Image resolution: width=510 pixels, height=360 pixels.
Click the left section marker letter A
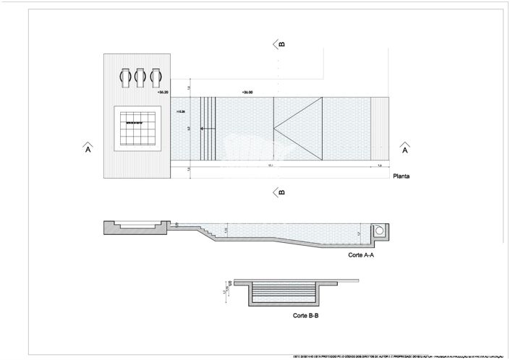[88, 150]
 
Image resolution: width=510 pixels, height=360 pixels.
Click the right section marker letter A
[404, 150]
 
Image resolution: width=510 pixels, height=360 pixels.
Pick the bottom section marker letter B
[281, 192]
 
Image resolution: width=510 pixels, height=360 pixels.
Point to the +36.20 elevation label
[162, 93]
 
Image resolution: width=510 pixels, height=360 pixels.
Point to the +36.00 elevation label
[247, 93]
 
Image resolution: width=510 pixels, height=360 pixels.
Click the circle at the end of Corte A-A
[379, 231]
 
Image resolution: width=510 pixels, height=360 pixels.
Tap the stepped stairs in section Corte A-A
[206, 233]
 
